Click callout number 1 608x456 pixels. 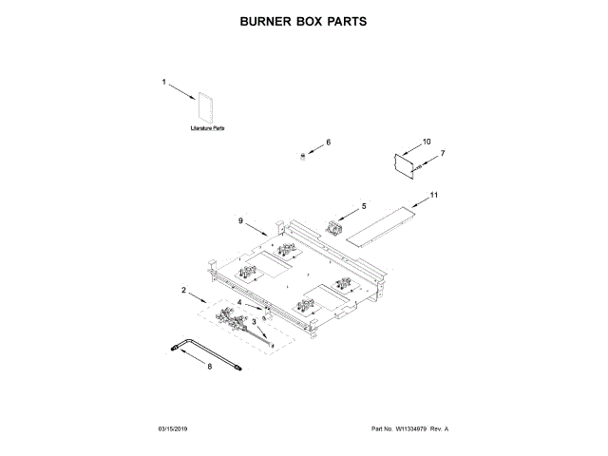[163, 83]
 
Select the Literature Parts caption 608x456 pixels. [206, 127]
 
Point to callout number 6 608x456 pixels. [329, 142]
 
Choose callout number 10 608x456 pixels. [427, 142]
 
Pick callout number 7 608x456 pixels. [442, 153]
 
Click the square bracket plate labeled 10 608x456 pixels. [407, 161]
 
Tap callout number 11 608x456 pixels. [434, 195]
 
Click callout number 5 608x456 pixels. [362, 205]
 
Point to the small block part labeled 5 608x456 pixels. [334, 227]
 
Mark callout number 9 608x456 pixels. [241, 220]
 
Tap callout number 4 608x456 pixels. [239, 303]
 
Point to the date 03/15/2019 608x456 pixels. [174, 429]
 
